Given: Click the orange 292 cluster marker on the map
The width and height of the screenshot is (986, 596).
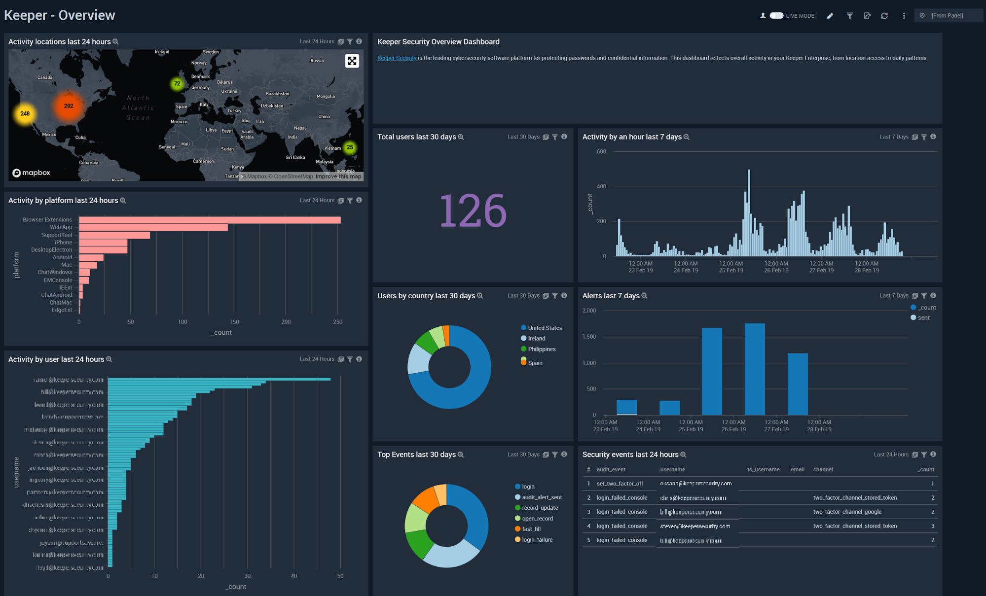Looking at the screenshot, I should point(68,106).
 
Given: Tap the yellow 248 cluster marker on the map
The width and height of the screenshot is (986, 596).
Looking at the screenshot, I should point(25,114).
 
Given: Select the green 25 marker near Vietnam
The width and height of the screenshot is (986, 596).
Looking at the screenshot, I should point(350,147).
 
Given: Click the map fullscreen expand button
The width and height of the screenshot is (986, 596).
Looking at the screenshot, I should point(352,61).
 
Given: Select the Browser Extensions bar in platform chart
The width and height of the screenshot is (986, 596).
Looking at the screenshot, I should point(210,220).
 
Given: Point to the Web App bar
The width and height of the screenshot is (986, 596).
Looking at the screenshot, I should point(153,227).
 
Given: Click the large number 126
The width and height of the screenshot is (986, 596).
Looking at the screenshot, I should point(473,211).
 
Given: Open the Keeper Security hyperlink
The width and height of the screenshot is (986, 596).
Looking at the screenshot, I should point(397,58).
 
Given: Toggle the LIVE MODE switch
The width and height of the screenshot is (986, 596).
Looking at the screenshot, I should point(776,16).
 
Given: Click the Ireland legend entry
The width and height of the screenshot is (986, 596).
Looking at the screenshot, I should point(536,338).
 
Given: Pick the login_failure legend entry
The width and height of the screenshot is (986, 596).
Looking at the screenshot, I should point(537,540).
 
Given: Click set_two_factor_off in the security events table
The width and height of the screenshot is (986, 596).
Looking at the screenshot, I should point(620,484).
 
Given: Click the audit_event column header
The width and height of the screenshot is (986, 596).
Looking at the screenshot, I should point(611,470).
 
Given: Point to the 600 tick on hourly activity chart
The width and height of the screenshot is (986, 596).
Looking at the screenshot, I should point(601,152).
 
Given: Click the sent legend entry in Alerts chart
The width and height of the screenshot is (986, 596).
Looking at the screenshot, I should point(923,318).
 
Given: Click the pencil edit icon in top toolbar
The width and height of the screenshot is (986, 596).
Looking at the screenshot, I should point(830,16).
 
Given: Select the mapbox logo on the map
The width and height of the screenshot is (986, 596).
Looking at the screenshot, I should point(32,173).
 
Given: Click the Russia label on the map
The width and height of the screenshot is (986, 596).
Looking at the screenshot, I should point(317,61).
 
